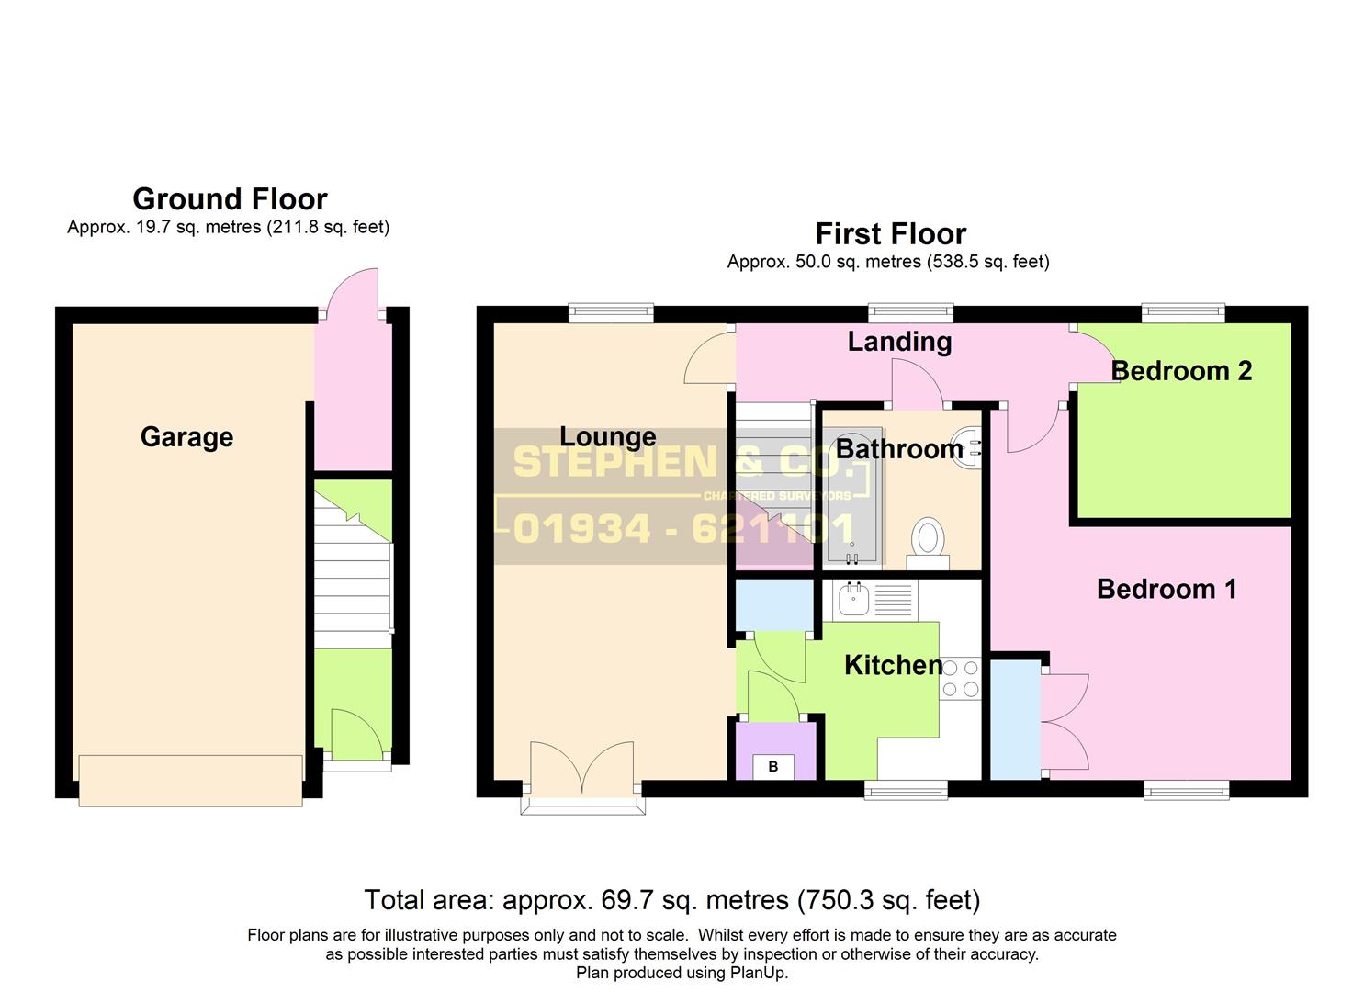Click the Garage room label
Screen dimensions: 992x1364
tap(186, 437)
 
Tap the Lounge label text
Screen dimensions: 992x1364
tap(608, 437)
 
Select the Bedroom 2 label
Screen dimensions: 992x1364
tap(1181, 371)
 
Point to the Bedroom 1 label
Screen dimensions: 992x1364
tap(1167, 589)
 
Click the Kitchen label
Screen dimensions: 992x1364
tap(893, 665)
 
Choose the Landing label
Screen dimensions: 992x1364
tap(899, 342)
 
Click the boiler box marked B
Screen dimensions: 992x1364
tap(773, 766)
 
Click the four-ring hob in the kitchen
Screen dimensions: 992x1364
tap(961, 679)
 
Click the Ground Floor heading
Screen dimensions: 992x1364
tap(230, 199)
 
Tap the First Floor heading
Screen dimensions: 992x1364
tap(890, 234)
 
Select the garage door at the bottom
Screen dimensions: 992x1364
tap(190, 781)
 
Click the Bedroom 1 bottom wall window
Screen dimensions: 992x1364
tap(1186, 789)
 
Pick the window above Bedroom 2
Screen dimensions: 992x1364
tap(1183, 314)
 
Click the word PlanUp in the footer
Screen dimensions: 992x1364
tap(757, 973)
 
